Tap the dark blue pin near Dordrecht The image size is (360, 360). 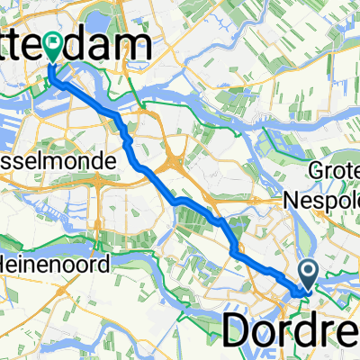pyautogui.click(x=307, y=273)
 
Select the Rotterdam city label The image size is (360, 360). pyautogui.click(x=81, y=45)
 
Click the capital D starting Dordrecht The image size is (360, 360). pyautogui.click(x=238, y=331)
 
